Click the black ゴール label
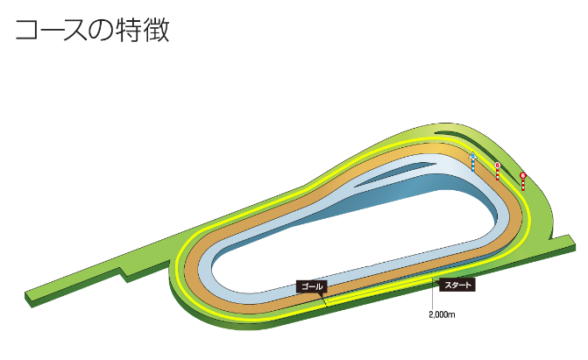tap(312, 286)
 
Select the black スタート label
tap(458, 284)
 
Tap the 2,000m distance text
tap(443, 313)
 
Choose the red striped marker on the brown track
tap(498, 170)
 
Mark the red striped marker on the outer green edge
tap(523, 180)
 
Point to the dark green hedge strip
tap(457, 135)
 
